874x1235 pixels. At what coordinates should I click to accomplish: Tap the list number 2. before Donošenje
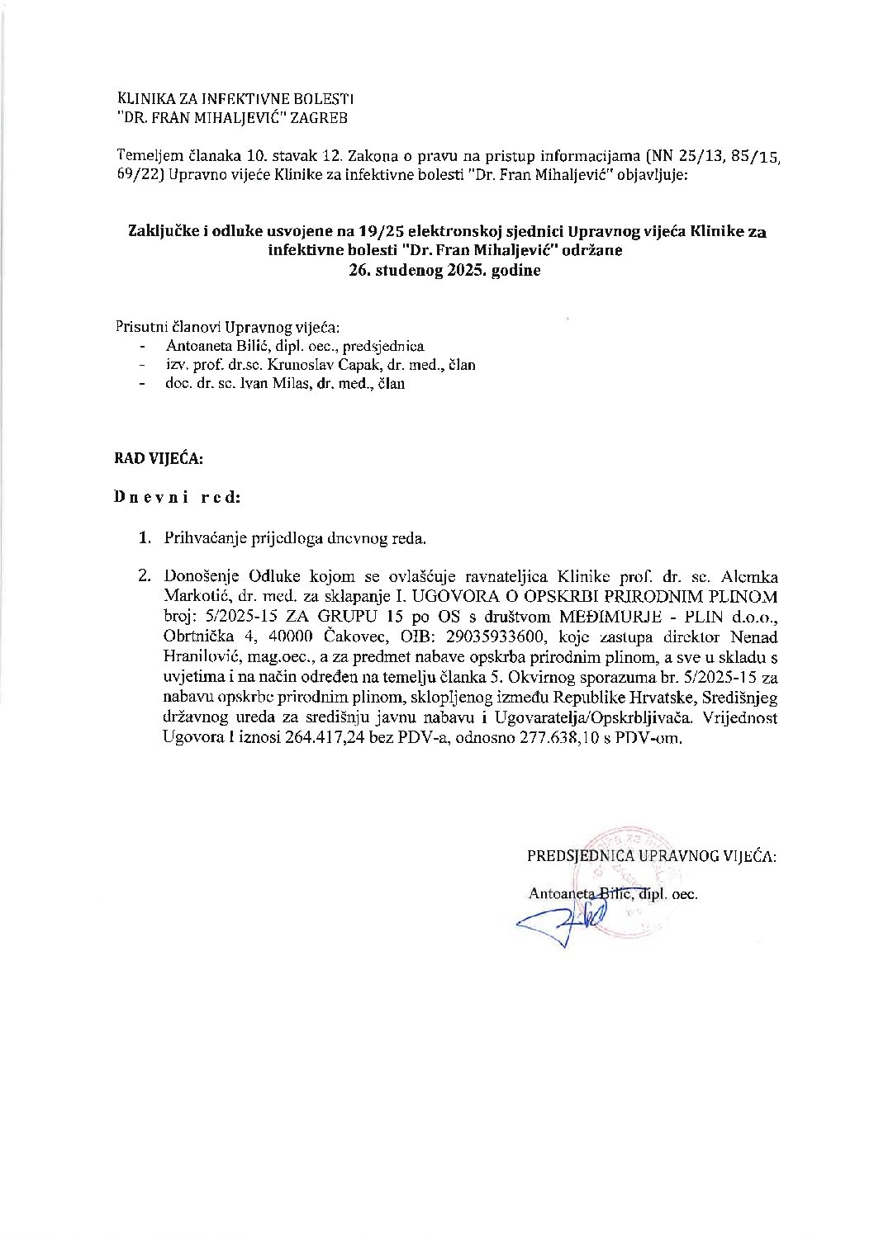click(x=144, y=575)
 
